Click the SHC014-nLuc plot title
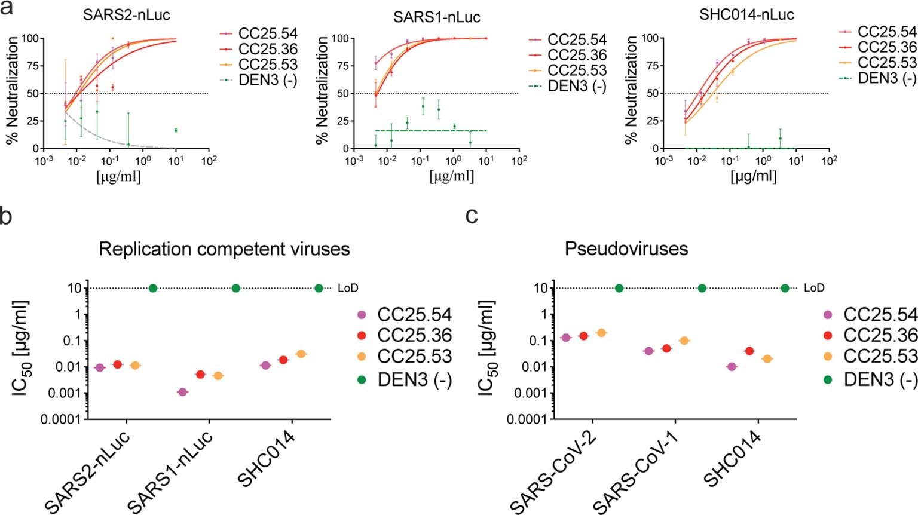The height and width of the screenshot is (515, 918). pyautogui.click(x=746, y=14)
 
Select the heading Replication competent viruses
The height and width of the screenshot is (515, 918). pyautogui.click(x=224, y=249)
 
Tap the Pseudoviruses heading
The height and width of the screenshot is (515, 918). pyautogui.click(x=626, y=249)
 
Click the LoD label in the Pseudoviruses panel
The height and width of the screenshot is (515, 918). pyautogui.click(x=813, y=288)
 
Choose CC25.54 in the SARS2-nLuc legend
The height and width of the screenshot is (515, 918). pyautogui.click(x=267, y=33)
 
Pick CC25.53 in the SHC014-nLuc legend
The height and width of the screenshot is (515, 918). pyautogui.click(x=886, y=63)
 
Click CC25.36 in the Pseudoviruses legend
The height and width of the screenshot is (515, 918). pyautogui.click(x=880, y=335)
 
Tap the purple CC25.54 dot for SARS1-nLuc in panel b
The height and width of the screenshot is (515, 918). pyautogui.click(x=183, y=392)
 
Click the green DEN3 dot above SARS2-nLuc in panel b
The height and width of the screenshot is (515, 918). pyautogui.click(x=153, y=288)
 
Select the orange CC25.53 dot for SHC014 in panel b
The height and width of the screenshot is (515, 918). pyautogui.click(x=301, y=354)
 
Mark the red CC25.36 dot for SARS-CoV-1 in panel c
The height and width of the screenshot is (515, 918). pyautogui.click(x=666, y=348)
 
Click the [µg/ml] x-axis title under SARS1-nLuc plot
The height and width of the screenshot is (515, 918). pyautogui.click(x=451, y=177)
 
